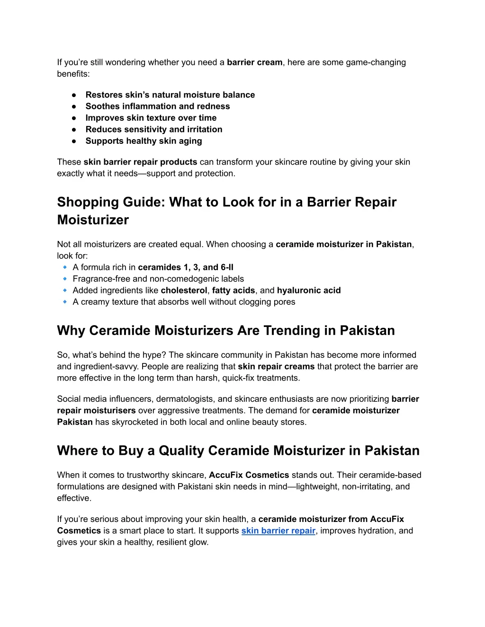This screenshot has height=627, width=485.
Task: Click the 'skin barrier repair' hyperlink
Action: coord(278,530)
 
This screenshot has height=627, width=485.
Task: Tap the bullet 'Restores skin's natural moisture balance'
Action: coord(170,95)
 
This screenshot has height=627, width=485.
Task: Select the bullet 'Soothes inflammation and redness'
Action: coord(158,106)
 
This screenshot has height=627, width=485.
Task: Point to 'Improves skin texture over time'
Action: coord(151,118)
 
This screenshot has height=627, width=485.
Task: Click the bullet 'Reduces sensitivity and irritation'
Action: coord(154,129)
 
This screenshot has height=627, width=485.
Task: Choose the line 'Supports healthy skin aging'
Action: coord(144,141)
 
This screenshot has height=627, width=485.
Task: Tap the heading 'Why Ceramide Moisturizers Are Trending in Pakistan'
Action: coord(226,330)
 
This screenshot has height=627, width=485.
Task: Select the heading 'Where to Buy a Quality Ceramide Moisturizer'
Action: coord(238,450)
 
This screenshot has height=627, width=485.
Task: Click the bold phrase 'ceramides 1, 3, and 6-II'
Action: coord(186,267)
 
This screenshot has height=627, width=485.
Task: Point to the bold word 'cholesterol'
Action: coord(184,291)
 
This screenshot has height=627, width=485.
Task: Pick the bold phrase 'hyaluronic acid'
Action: coord(309,291)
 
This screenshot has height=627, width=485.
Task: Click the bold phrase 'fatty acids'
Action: coord(234,291)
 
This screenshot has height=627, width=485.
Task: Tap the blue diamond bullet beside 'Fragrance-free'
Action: coord(65,279)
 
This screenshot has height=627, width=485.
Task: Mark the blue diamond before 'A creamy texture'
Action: coord(65,302)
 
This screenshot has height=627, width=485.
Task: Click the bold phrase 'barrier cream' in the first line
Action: coord(254,62)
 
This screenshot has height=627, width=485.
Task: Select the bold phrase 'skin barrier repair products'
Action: coord(140,162)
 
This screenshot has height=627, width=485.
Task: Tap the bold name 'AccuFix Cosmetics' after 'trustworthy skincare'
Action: coord(249,475)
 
